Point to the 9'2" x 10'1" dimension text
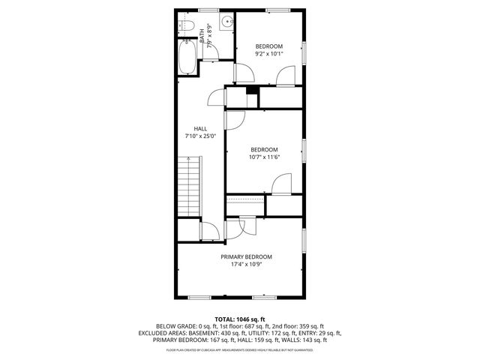[268, 54]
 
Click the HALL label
[200, 128]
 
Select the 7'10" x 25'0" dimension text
[200, 136]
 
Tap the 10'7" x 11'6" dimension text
[264, 157]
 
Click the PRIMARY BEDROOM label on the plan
[246, 256]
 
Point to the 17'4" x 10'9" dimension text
[246, 265]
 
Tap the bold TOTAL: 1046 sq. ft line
[240, 319]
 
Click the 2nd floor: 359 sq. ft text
[299, 326]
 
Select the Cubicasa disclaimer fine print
[240, 349]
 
